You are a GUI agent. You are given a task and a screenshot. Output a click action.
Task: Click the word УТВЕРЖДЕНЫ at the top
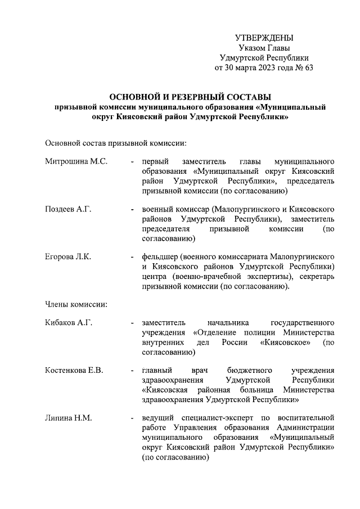point(264,38)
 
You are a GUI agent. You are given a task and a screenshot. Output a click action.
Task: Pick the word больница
point(261,390)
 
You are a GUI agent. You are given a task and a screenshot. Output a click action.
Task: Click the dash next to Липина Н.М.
point(131,418)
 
